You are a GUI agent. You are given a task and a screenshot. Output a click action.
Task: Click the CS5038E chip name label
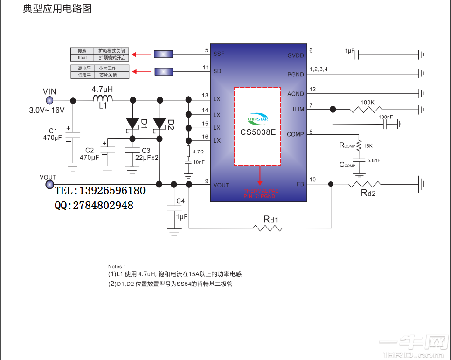pyautogui.click(x=258, y=132)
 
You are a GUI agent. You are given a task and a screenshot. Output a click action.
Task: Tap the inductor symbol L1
pyautogui.click(x=103, y=99)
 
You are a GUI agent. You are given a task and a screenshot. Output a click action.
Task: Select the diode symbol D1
pyautogui.click(x=133, y=124)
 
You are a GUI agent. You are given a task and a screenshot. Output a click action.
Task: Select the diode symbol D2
pyautogui.click(x=160, y=124)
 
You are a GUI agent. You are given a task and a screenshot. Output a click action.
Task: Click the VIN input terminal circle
pyautogui.click(x=49, y=100)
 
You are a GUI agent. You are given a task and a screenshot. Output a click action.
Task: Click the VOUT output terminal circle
pyautogui.click(x=49, y=185)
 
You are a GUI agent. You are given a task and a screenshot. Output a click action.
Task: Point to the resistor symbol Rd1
pyautogui.click(x=268, y=228)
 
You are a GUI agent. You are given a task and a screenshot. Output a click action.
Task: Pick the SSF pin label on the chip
pyautogui.click(x=219, y=54)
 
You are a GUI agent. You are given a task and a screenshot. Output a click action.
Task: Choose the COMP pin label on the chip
pyautogui.click(x=295, y=134)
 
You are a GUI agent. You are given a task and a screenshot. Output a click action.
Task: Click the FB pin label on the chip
pyautogui.click(x=300, y=185)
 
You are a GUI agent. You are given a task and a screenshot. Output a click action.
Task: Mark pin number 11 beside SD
pyautogui.click(x=206, y=68)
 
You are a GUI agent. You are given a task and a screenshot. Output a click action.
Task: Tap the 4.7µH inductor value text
pyautogui.click(x=102, y=89)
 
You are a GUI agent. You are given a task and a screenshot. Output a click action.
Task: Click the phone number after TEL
pyautogui.click(x=112, y=191)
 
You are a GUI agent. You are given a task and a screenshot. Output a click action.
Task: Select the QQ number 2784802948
pyautogui.click(x=102, y=206)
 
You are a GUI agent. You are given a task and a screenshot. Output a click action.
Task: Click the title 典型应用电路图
pyautogui.click(x=57, y=9)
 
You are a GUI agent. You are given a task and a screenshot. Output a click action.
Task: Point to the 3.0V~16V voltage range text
pyautogui.click(x=47, y=111)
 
